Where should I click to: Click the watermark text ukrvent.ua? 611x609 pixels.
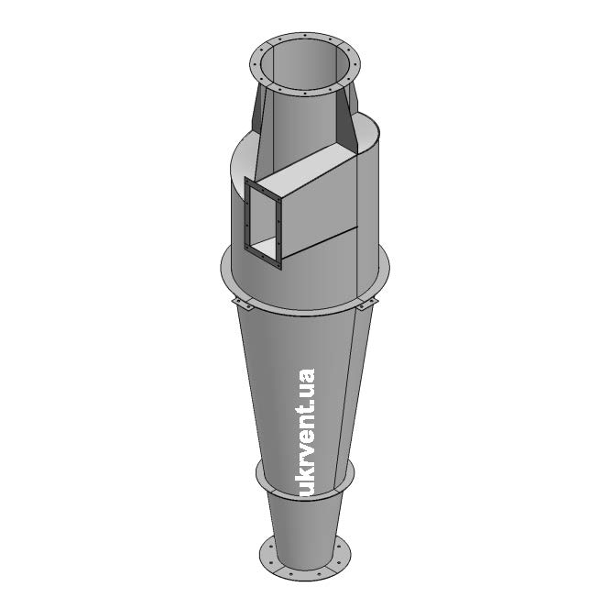pos(305,432)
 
